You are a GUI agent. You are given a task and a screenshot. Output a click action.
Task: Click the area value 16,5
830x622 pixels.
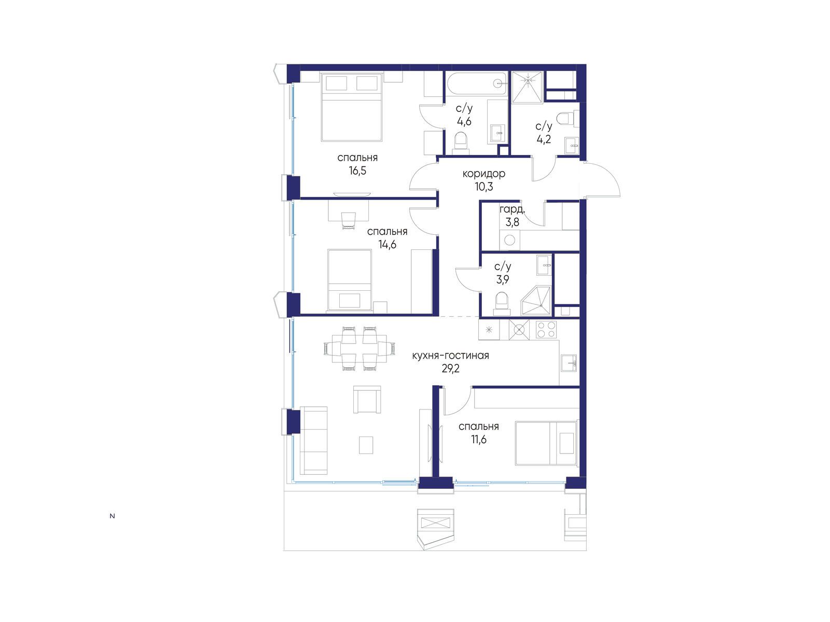pyautogui.click(x=357, y=171)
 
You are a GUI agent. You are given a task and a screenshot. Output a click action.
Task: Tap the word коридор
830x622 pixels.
pyautogui.click(x=483, y=174)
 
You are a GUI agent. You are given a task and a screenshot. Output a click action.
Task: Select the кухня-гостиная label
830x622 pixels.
pyautogui.click(x=450, y=356)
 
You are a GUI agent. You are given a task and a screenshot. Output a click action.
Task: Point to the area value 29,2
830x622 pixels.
pyautogui.click(x=450, y=369)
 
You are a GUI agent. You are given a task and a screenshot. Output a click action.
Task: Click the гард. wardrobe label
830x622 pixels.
pyautogui.click(x=512, y=209)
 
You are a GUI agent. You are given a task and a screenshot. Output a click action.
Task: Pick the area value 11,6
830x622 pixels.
pyautogui.click(x=478, y=440)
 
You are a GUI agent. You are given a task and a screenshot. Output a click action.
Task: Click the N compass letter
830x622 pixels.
pyautogui.click(x=112, y=516)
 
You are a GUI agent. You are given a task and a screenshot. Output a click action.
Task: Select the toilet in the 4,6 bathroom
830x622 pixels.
pyautogui.click(x=461, y=144)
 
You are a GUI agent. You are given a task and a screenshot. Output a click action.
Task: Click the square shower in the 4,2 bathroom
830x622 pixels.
pyautogui.click(x=527, y=87)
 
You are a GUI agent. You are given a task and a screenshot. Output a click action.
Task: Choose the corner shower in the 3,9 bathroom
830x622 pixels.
pyautogui.click(x=536, y=301)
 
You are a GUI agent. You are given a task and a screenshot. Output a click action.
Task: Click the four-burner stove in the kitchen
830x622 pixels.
pyautogui.click(x=546, y=329)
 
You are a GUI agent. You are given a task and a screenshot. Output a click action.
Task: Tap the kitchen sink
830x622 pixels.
pyautogui.click(x=569, y=363)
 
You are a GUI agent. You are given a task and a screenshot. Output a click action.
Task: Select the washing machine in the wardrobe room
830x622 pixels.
pyautogui.click(x=510, y=240)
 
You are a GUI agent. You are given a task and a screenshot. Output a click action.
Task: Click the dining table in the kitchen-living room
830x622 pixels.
pyautogui.click(x=359, y=348)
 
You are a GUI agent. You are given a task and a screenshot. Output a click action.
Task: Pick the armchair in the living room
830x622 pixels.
pyautogui.click(x=367, y=399)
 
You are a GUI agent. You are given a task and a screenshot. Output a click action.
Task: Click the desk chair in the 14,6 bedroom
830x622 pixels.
pyautogui.click(x=349, y=221)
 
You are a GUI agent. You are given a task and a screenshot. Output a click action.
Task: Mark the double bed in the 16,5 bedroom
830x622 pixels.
pyautogui.click(x=351, y=107)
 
